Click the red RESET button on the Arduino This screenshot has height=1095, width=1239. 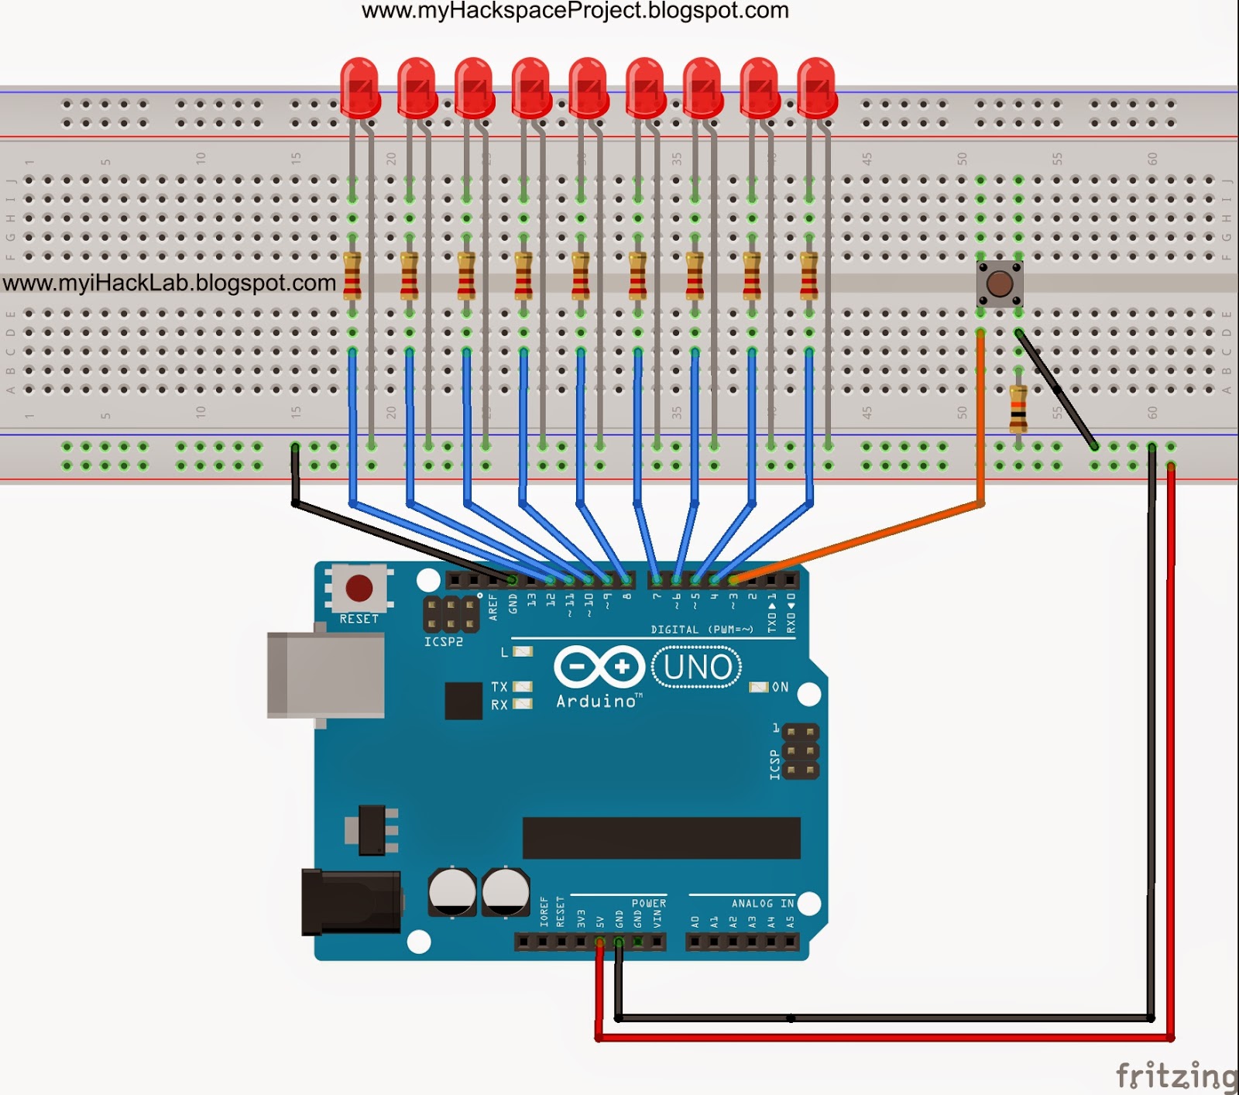pos(359,588)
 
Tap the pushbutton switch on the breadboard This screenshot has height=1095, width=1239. pos(1000,284)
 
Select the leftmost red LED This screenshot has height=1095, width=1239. pos(359,87)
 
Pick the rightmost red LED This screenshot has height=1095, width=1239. pos(816,87)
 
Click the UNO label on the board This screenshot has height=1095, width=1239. pos(697,667)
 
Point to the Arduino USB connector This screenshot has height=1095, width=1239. pos(326,675)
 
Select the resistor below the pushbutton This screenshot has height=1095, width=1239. pos(1018,409)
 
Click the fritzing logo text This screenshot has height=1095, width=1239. pos(1176,1076)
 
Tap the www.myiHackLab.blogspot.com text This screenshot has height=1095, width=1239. pos(170,283)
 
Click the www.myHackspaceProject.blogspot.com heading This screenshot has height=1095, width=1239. pos(575,11)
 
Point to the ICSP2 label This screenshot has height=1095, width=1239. pos(443,642)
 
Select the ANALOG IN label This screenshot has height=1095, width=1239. pos(762,903)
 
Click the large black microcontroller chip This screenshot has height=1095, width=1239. pos(661,838)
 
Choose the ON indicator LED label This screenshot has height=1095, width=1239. pos(780,687)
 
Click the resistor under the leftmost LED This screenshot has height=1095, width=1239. pos(352,276)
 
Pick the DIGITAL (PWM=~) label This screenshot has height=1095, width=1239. pos(702,630)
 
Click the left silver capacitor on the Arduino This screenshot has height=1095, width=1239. pos(452,891)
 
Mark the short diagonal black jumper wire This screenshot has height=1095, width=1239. pos(1057,390)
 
